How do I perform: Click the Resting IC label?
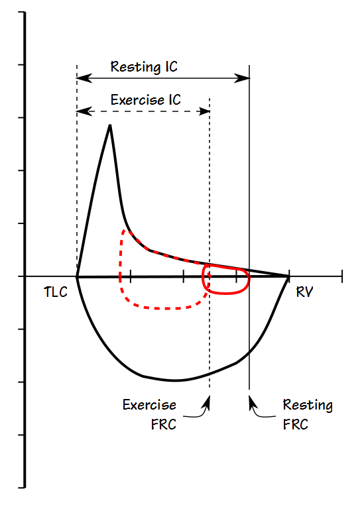coord(144,67)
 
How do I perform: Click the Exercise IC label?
coord(145,100)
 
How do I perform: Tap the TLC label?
coord(55,292)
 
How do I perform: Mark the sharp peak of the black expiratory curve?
coord(109,125)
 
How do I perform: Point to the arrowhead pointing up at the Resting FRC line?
coord(249,400)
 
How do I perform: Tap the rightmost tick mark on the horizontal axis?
coord(342,276)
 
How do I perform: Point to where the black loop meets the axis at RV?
coord(289,276)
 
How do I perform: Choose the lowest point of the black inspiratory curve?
coord(175,380)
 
